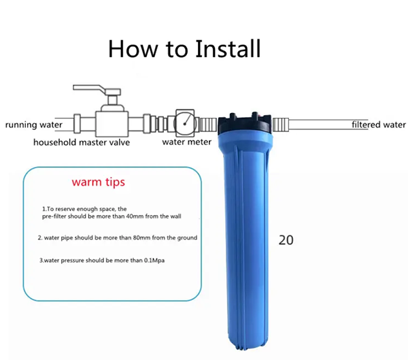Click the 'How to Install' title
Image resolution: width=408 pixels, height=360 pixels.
point(184,49)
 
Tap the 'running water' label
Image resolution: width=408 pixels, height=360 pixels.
point(34,125)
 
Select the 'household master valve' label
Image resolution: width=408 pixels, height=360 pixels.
point(82,142)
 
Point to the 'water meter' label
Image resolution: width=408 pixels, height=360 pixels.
point(186,142)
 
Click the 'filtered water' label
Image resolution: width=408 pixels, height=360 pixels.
point(379,125)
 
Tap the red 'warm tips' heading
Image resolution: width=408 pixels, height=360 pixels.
point(99,182)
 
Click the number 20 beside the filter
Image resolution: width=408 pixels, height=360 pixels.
point(286,240)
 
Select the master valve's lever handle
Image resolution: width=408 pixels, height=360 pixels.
point(97,90)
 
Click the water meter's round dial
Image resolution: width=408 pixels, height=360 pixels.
point(185,124)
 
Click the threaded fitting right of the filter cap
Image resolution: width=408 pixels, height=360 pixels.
point(281,125)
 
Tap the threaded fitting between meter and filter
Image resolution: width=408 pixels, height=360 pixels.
point(208,125)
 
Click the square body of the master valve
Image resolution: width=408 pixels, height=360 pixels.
point(112,124)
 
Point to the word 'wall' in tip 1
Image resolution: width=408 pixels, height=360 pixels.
point(175,216)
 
